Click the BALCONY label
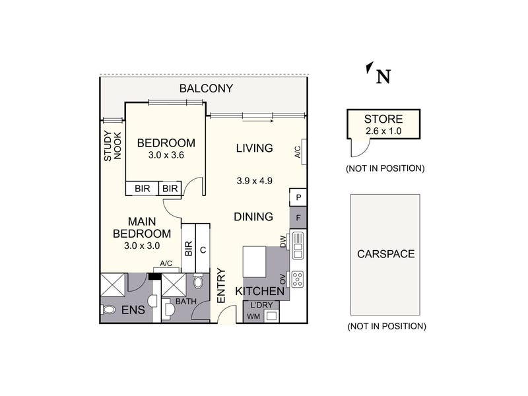coord(206,88)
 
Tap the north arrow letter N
coord(383,77)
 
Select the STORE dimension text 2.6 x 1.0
coord(383,131)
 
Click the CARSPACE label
coord(386,254)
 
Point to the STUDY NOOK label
coord(112,146)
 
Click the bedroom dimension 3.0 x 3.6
coord(166,155)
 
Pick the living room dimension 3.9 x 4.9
coord(255,181)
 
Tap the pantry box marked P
coord(298,197)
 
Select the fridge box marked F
coord(298,218)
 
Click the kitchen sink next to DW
coord(298,245)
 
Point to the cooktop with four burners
coord(298,279)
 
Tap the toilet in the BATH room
coord(199,281)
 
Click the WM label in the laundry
coord(253,317)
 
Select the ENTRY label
coord(221,286)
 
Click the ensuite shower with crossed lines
coord(113,285)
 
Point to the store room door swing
coord(360,148)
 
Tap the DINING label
coord(253,216)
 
